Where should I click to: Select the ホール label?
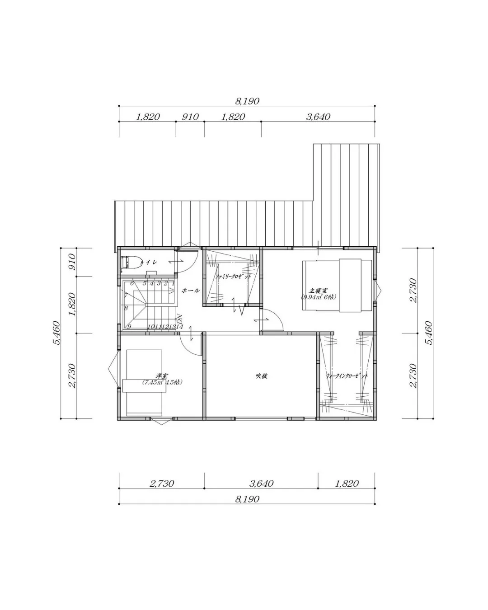[190, 291]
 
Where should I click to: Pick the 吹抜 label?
[261, 375]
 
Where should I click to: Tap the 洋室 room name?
[161, 375]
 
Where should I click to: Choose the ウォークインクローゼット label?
[347, 376]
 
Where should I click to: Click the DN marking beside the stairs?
[179, 318]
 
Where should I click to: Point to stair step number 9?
[129, 327]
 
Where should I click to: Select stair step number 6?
[132, 283]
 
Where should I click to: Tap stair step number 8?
[126, 308]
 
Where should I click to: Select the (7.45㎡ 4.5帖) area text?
[162, 382]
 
